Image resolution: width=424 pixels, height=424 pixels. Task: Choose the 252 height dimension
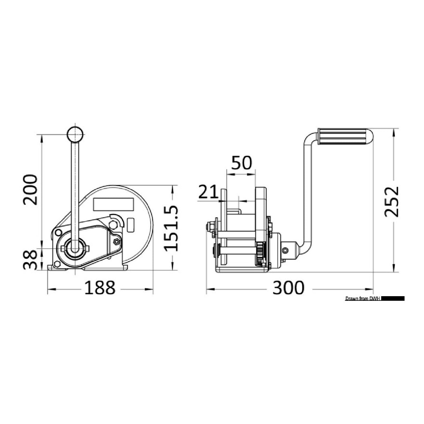[391, 202]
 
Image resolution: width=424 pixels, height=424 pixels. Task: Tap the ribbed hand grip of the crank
[344, 137]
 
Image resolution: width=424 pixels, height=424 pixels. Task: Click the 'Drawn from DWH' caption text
[362, 299]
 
